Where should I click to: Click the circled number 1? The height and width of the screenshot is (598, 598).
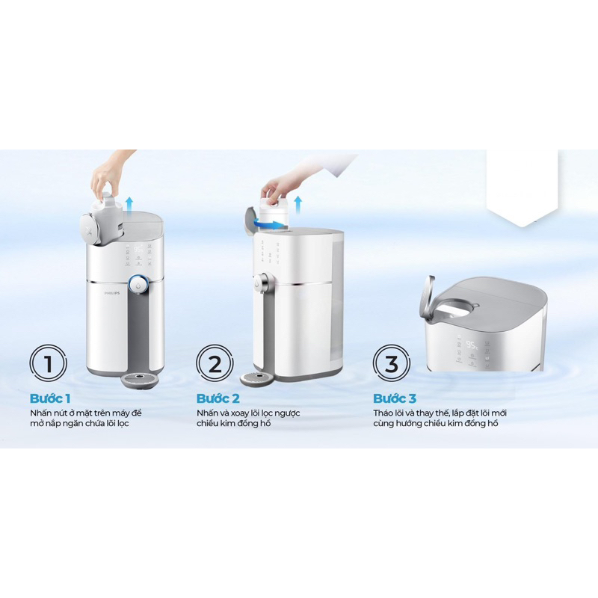tap(49, 364)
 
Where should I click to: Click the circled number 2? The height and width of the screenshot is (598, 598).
tap(215, 364)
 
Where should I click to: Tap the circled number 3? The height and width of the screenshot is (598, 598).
tap(391, 364)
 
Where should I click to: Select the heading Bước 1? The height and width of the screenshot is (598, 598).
tap(50, 398)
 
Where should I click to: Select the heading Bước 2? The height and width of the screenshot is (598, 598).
tap(218, 398)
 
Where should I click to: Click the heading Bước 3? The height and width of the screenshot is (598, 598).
tap(394, 398)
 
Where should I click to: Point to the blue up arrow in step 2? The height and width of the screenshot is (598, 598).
tap(299, 201)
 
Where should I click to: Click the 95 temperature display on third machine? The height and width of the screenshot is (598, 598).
tap(472, 345)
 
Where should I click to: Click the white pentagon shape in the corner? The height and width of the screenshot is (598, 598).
tap(521, 187)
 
